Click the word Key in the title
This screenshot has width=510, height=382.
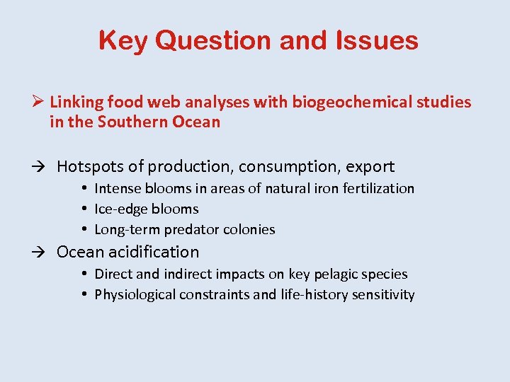[x=123, y=40]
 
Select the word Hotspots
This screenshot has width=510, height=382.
[x=89, y=167]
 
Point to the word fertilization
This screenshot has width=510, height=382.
[x=380, y=188]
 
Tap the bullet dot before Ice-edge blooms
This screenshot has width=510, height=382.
[x=84, y=209]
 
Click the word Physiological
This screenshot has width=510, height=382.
[x=134, y=295]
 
